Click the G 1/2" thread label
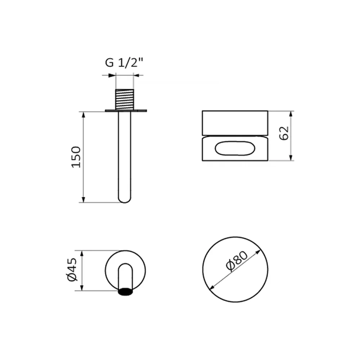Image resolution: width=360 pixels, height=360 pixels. pos(124,62)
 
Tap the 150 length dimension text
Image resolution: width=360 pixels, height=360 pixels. pos(76,157)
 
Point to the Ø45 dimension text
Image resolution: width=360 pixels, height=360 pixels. pos(72,270)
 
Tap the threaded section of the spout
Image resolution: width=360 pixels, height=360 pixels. pos(125,99)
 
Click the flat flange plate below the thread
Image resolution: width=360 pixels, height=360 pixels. pos(126,111)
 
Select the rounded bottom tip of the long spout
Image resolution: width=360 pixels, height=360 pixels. pos(125,199)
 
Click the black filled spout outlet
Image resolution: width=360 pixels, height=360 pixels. pos(125,291)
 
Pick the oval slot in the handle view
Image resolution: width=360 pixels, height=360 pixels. pos(235,148)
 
